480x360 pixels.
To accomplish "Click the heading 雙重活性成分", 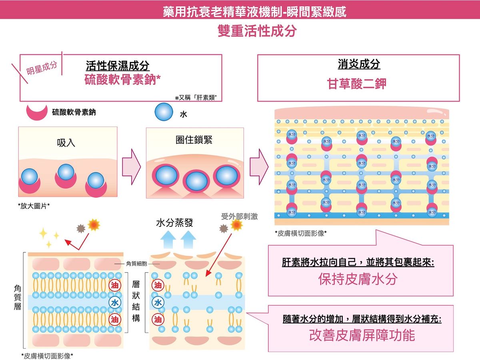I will (257, 31).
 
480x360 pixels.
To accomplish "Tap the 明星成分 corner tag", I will (42, 68).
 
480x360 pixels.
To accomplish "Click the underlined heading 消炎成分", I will (359, 64).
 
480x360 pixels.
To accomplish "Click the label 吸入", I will (66, 142).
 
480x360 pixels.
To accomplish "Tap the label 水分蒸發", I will (174, 223).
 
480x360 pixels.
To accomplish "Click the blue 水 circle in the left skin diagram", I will (115, 302).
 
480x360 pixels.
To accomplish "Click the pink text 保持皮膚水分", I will (358, 279).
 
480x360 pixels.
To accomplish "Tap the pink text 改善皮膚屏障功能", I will (362, 335).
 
